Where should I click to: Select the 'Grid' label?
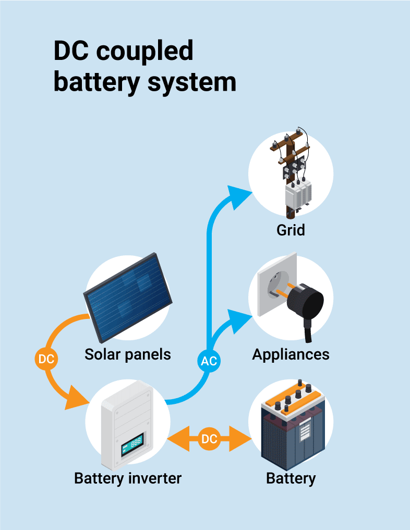(291, 229)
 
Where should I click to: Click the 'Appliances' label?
(291, 354)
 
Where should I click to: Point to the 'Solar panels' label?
(128, 354)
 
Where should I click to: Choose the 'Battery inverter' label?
(128, 478)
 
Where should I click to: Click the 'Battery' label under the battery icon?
(291, 478)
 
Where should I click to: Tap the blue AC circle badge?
(209, 361)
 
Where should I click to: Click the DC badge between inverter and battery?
(209, 439)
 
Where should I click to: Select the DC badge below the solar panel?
(46, 359)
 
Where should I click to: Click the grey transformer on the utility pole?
(297, 195)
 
